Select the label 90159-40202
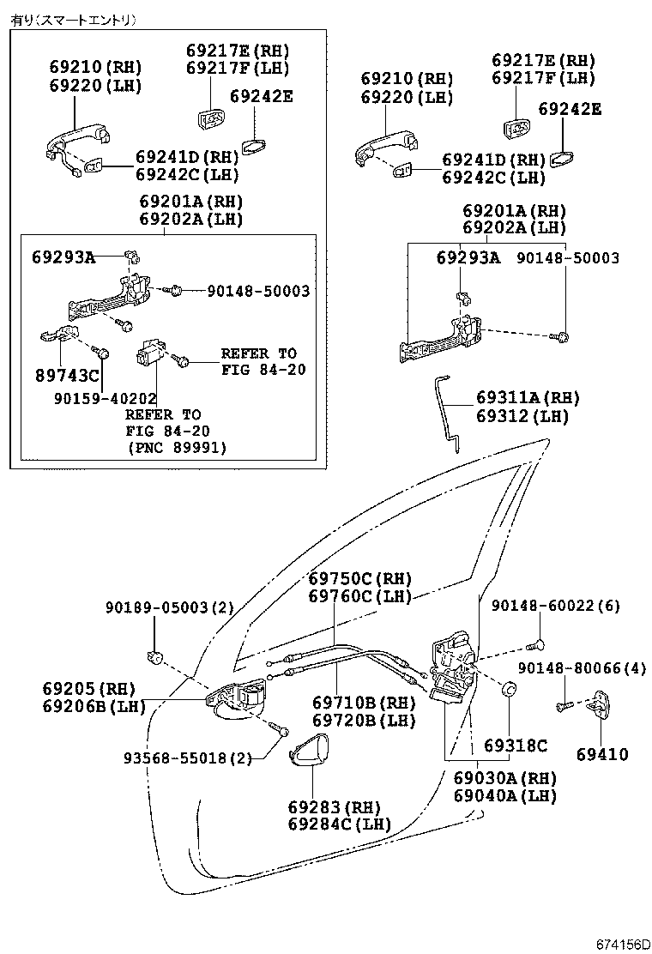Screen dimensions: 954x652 click(105, 399)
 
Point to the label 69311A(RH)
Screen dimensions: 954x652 click(528, 398)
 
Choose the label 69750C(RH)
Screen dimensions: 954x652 click(359, 578)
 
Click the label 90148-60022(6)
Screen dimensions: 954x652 click(555, 606)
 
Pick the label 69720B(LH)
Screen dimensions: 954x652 click(364, 721)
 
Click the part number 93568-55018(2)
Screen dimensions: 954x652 click(188, 759)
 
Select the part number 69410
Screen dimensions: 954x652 click(601, 755)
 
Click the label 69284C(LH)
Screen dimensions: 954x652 click(339, 824)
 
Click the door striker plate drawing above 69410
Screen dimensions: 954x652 click(606, 704)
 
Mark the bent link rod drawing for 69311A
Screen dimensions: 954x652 click(449, 413)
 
